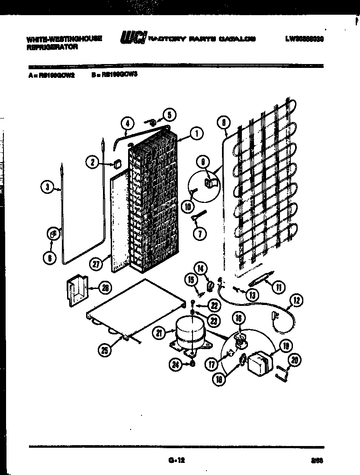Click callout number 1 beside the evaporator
coord(196,134)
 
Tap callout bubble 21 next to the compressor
coord(160,333)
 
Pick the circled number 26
coord(104,287)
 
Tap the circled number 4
coord(126,123)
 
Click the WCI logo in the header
coord(133,38)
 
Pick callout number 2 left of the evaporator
coord(92,163)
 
